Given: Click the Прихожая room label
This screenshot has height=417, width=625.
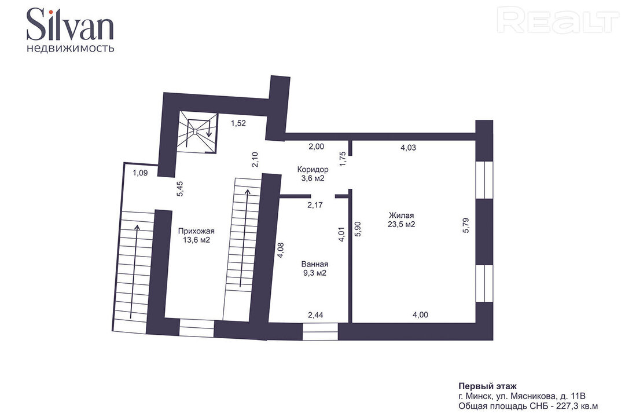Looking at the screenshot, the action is pyautogui.click(x=196, y=231).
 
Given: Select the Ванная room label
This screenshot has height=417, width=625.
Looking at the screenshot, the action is pyautogui.click(x=315, y=264).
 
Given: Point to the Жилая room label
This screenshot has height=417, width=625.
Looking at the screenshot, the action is pyautogui.click(x=402, y=215).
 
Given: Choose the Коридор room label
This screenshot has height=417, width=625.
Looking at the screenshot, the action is pyautogui.click(x=313, y=169).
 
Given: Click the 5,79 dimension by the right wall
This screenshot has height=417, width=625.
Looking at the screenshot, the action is pyautogui.click(x=466, y=225).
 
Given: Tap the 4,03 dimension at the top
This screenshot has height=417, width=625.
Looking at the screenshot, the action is pyautogui.click(x=408, y=148).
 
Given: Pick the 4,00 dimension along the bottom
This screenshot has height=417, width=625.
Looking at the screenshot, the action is pyautogui.click(x=420, y=315).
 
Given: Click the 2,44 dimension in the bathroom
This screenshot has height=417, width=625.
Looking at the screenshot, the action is pyautogui.click(x=316, y=315).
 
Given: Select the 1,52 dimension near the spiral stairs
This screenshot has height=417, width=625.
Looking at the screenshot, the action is pyautogui.click(x=238, y=123).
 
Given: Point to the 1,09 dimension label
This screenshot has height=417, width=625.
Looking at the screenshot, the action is pyautogui.click(x=140, y=173).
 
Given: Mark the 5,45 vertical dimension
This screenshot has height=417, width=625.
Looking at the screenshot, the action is pyautogui.click(x=180, y=189).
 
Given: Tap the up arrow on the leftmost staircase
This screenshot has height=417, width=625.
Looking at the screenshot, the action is pyautogui.click(x=137, y=272).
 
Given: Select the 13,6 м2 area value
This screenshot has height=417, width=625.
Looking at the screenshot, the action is pyautogui.click(x=196, y=240).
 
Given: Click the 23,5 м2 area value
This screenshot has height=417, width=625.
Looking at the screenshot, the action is pyautogui.click(x=402, y=224).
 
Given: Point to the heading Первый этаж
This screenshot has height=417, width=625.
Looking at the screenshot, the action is pyautogui.click(x=487, y=386).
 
